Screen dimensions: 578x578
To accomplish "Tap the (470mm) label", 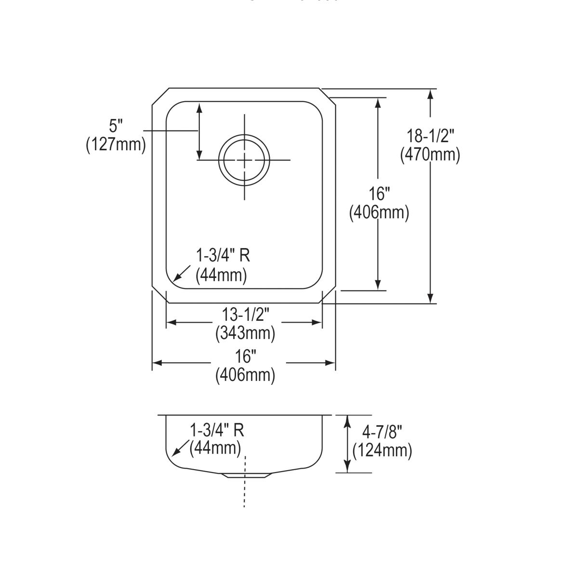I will click(430, 155).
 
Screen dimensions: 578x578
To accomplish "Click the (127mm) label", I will click(116, 144).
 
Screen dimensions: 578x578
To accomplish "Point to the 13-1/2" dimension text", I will click(245, 315).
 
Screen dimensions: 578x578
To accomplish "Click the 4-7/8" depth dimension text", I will click(382, 432).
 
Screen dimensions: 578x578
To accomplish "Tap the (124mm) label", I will click(382, 450).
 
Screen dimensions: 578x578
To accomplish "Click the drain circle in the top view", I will click(244, 160).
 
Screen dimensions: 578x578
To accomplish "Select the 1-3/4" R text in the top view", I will click(223, 256).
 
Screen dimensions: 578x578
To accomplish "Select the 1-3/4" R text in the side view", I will click(217, 430).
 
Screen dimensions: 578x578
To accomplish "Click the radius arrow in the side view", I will click(180, 449).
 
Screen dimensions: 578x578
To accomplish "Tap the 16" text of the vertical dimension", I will click(379, 194).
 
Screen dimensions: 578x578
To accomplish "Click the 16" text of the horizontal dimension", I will click(245, 356).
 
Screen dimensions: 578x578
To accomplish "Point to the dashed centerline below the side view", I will click(245, 491).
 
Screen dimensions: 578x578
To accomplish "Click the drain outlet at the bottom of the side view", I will click(246, 475).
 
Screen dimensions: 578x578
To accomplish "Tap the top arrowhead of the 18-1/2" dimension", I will click(431, 94).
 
